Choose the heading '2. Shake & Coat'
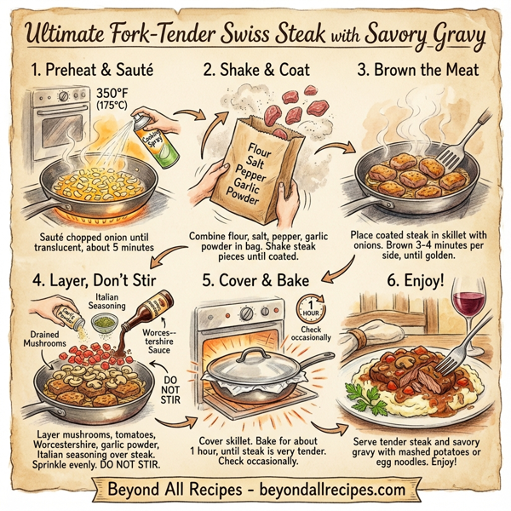click(x=255, y=68)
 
